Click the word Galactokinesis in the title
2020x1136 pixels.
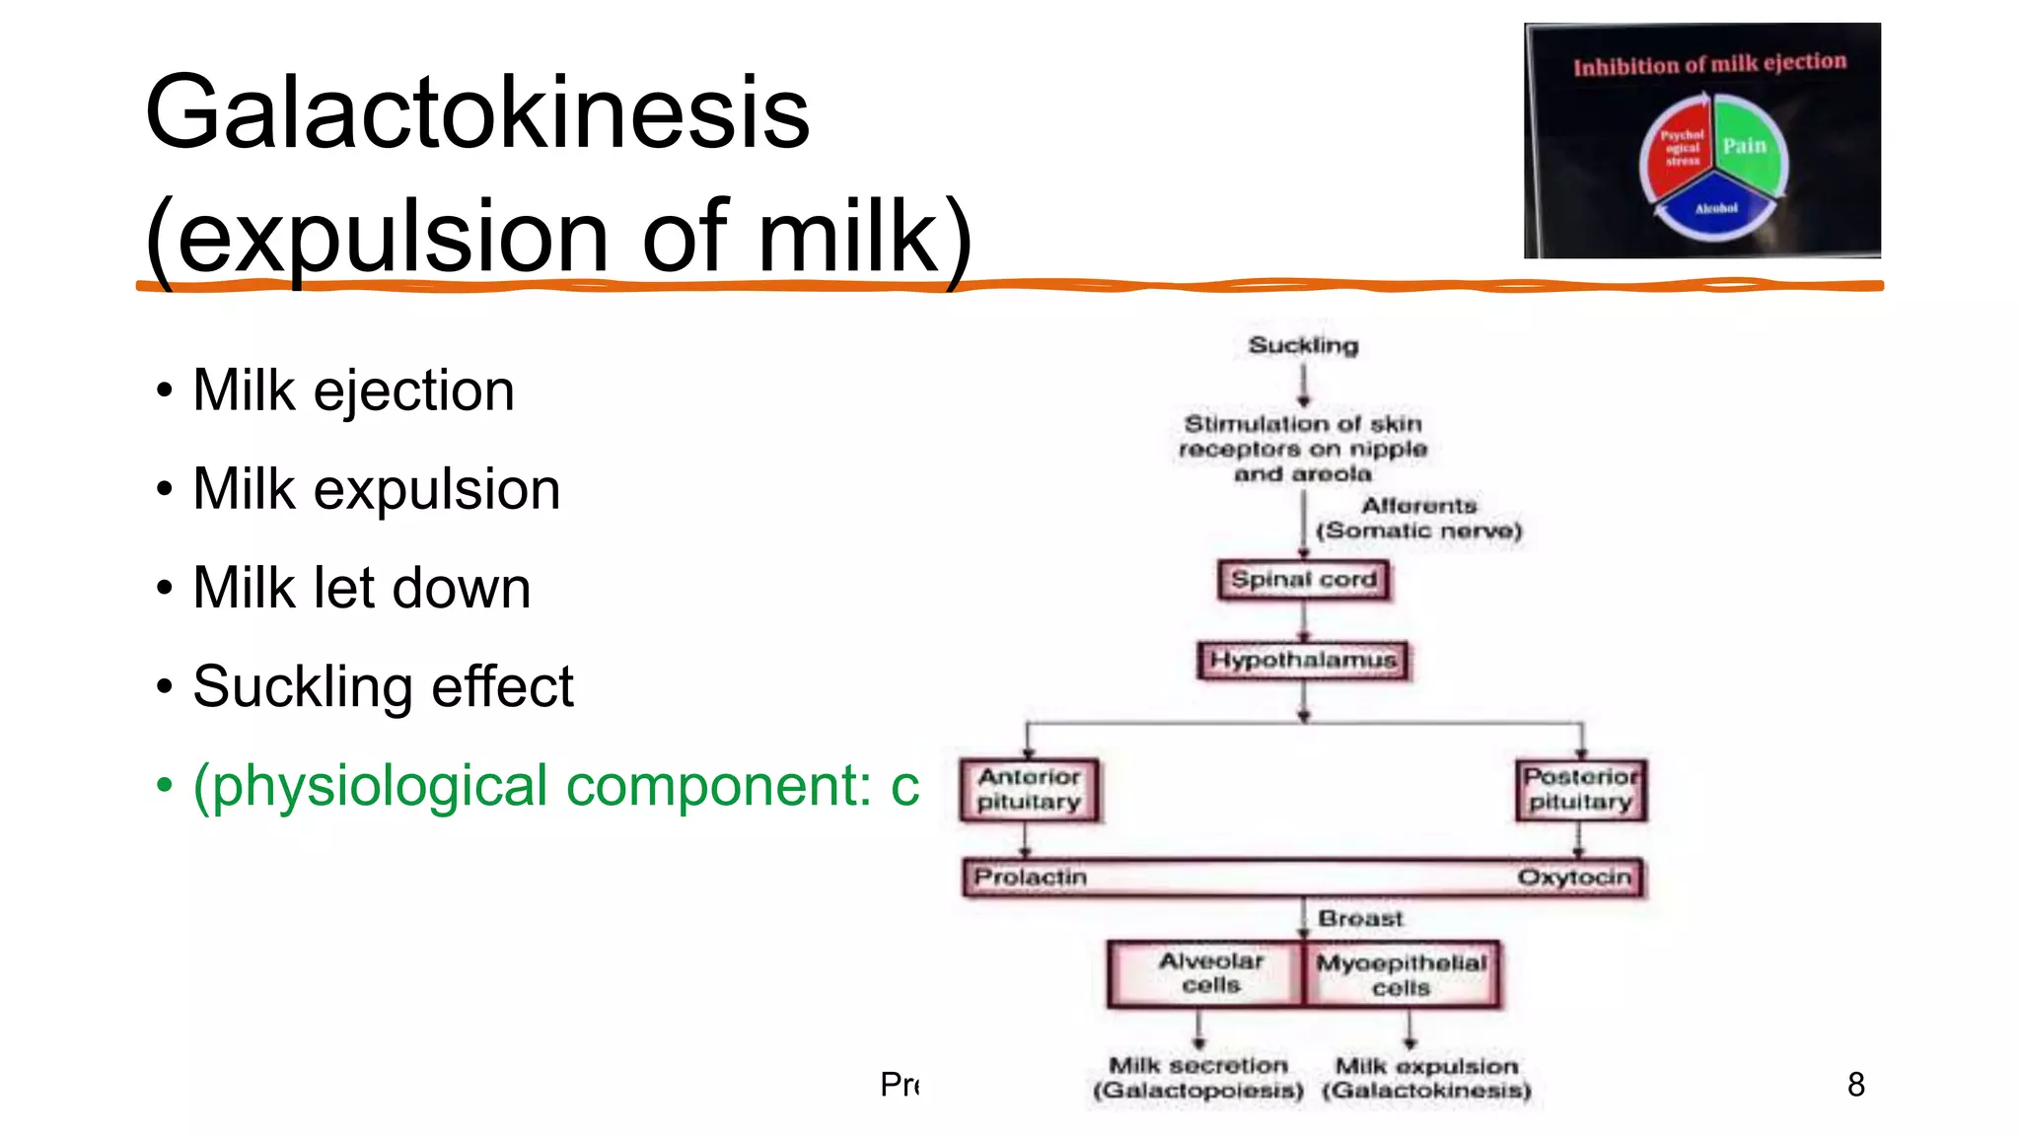(477, 113)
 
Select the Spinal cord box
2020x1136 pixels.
(1303, 580)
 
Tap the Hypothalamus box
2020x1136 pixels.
(1303, 660)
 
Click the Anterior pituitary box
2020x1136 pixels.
(1029, 790)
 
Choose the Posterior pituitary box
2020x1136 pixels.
(1580, 790)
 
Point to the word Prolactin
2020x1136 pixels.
(1030, 877)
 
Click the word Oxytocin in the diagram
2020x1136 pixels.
(1574, 877)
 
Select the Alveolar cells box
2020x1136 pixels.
(1210, 973)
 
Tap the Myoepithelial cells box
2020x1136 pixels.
(1401, 975)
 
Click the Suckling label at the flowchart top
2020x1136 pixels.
(1303, 345)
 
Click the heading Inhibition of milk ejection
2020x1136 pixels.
(1709, 65)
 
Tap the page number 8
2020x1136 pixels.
(1855, 1085)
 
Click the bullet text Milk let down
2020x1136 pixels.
(361, 588)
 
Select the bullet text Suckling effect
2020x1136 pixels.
(383, 686)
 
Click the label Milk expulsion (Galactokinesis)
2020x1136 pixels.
(1426, 1078)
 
